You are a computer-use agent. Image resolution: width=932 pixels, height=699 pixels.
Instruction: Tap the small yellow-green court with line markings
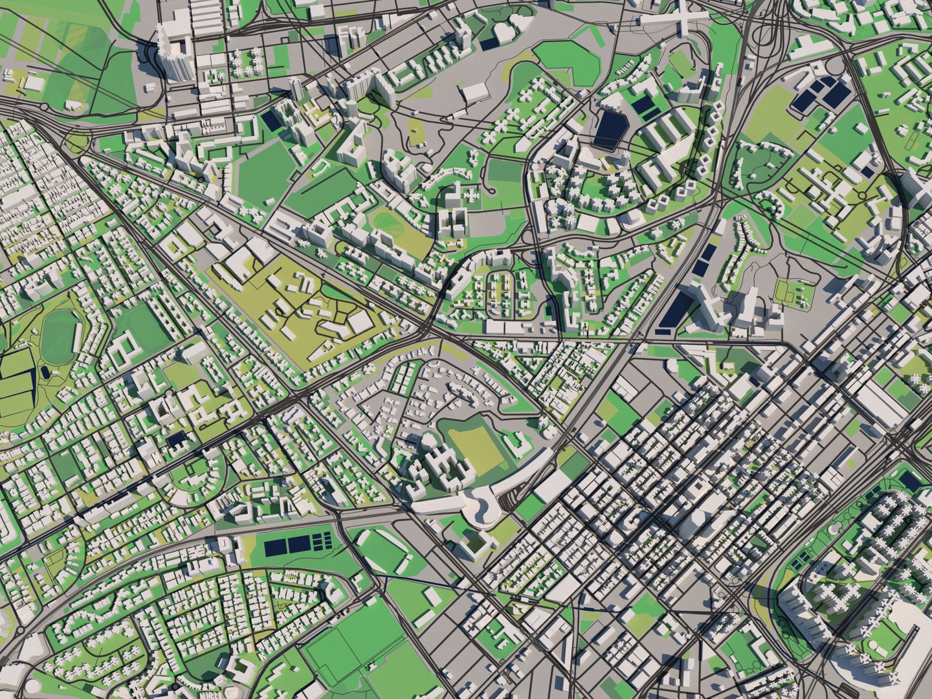[x=793, y=293]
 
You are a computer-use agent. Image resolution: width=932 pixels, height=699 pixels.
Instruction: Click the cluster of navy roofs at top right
[x=822, y=94]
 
